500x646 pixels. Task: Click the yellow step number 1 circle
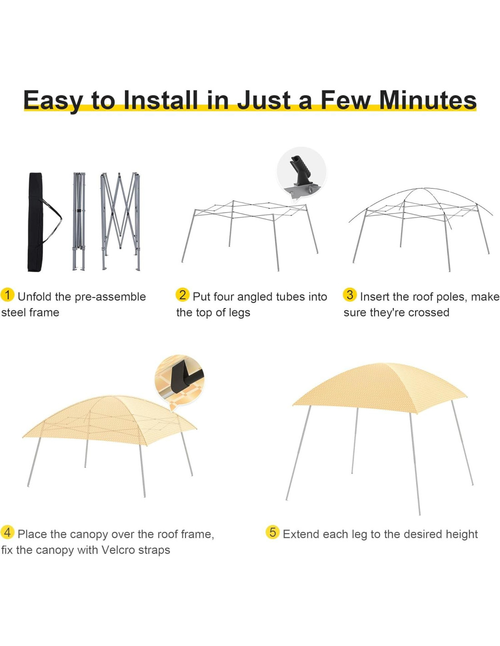click(x=7, y=295)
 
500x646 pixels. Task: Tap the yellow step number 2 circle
click(x=182, y=295)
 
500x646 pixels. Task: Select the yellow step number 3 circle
click(x=350, y=295)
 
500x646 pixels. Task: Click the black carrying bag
click(x=36, y=222)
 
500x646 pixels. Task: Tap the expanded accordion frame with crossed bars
click(x=120, y=221)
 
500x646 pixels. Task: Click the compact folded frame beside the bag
click(x=79, y=221)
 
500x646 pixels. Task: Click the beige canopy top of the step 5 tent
click(x=379, y=387)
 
